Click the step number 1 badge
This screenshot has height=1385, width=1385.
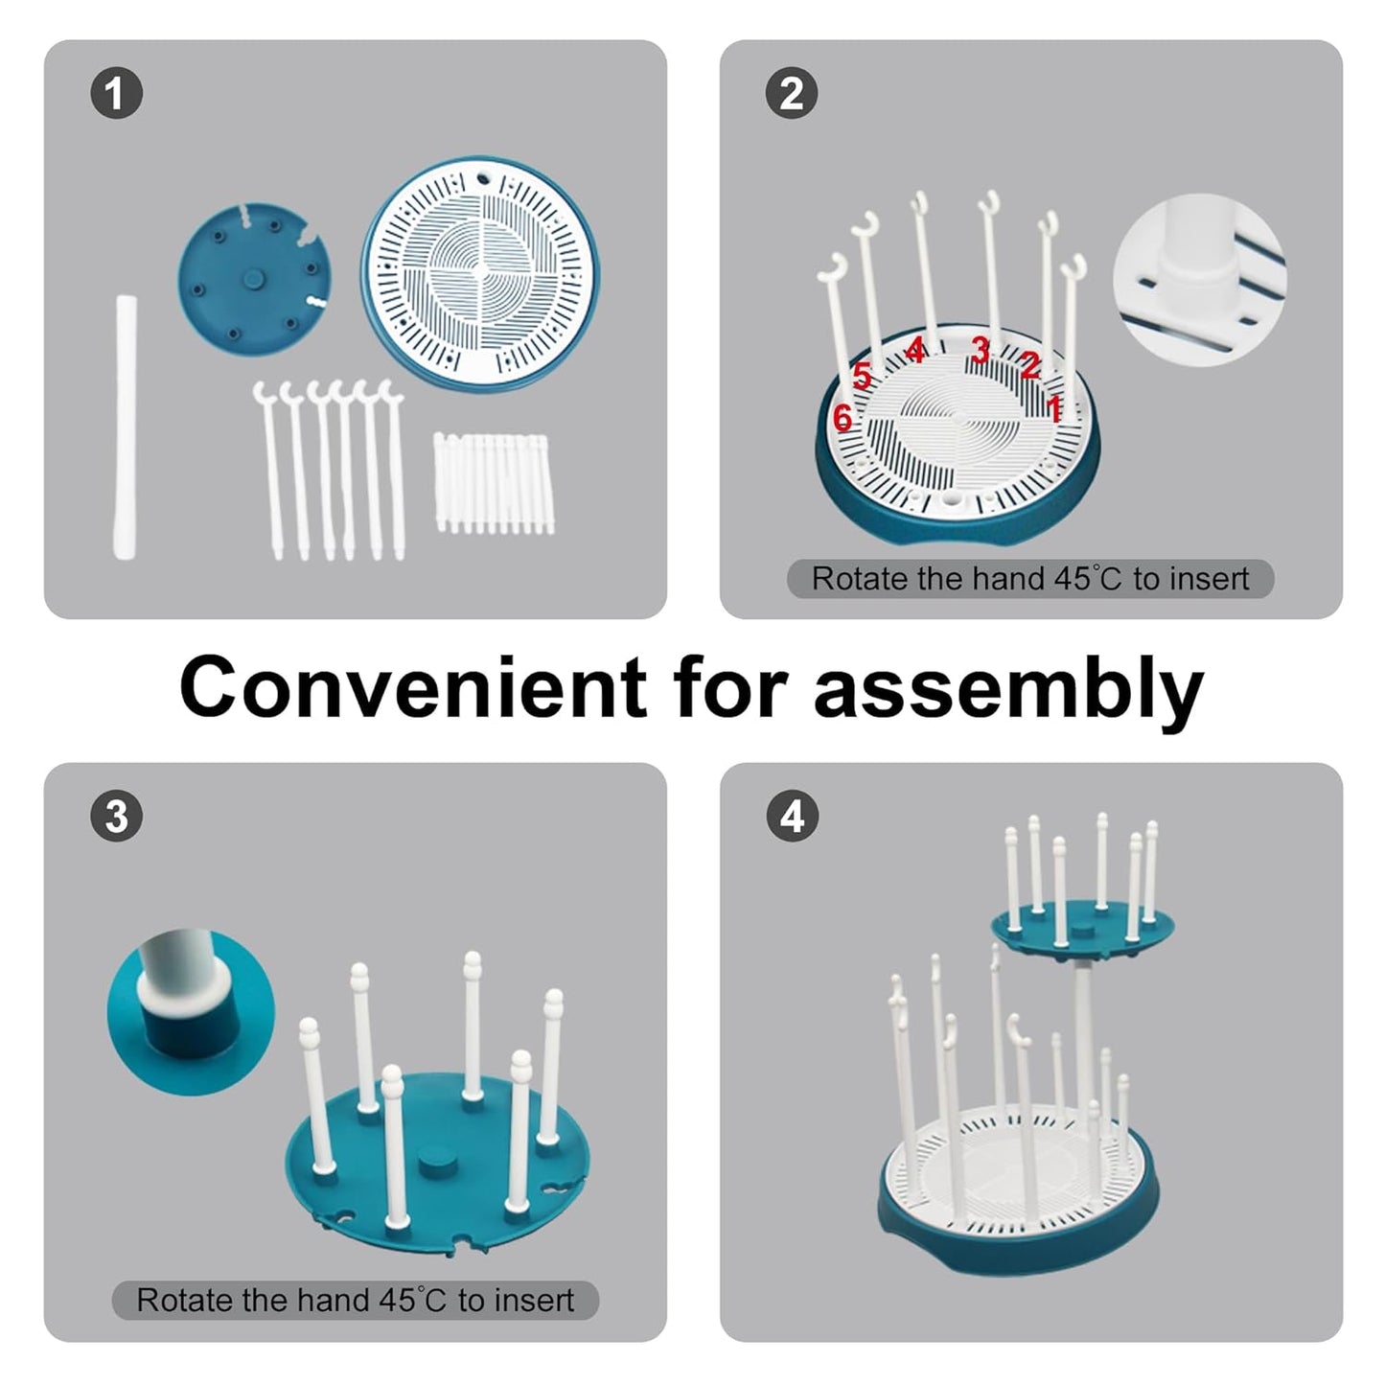(116, 94)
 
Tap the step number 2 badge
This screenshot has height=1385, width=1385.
(792, 94)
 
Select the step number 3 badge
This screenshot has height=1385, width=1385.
(116, 817)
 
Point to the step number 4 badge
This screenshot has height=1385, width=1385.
(792, 817)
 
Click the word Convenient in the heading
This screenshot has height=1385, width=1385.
(412, 687)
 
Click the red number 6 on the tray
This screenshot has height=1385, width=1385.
(843, 418)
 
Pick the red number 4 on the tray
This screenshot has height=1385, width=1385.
(915, 350)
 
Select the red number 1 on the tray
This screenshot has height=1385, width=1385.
(1053, 409)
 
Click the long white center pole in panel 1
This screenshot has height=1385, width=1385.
(126, 427)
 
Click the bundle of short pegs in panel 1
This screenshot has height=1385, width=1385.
(495, 483)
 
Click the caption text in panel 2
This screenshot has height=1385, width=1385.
(1029, 579)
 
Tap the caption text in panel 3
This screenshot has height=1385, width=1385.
(355, 1300)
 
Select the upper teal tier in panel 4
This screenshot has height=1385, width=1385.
(1081, 924)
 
